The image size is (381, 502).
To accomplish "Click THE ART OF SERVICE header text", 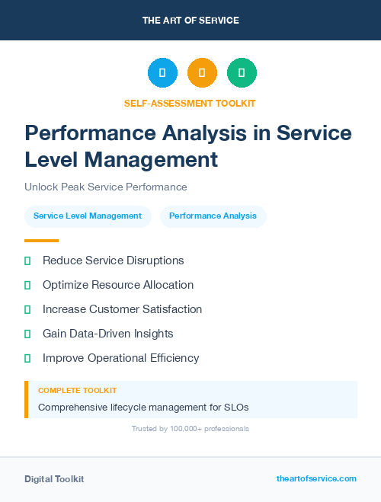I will (x=190, y=21).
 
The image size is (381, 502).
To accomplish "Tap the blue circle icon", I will (x=162, y=73).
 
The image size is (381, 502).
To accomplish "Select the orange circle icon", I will (x=202, y=73).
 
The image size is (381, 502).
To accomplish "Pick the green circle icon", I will (x=242, y=73).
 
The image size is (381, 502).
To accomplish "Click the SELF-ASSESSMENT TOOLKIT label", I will (x=190, y=103).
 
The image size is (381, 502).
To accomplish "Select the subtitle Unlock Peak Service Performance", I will (x=106, y=187).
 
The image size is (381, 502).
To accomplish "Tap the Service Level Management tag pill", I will (x=88, y=216).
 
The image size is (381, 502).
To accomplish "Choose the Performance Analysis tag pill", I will (x=213, y=216).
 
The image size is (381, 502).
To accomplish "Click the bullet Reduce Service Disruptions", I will (x=114, y=261).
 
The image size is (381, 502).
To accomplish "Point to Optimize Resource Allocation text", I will (x=118, y=285).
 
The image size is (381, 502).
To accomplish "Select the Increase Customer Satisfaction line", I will (x=122, y=309).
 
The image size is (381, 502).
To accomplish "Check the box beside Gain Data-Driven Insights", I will (x=27, y=334).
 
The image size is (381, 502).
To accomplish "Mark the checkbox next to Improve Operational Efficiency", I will (x=27, y=358).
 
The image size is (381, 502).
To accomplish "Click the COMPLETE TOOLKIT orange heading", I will (x=77, y=391).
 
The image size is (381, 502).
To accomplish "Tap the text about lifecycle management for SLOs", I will (x=143, y=408).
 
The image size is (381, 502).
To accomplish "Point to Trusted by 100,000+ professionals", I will (x=190, y=429).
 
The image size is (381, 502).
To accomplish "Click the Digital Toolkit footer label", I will (x=54, y=479).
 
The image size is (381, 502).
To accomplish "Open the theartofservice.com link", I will (x=316, y=478).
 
